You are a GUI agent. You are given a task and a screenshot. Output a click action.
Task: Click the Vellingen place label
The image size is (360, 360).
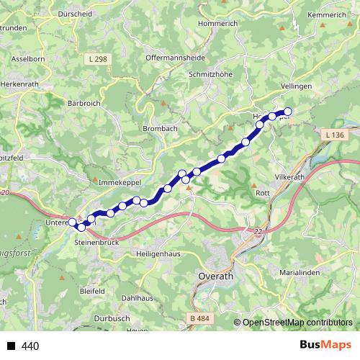coord(294,86)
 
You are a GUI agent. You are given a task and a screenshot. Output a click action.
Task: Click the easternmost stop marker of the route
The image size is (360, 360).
coord(288,111)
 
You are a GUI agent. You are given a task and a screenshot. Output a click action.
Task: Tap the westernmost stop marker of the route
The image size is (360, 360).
coord(73,222)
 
